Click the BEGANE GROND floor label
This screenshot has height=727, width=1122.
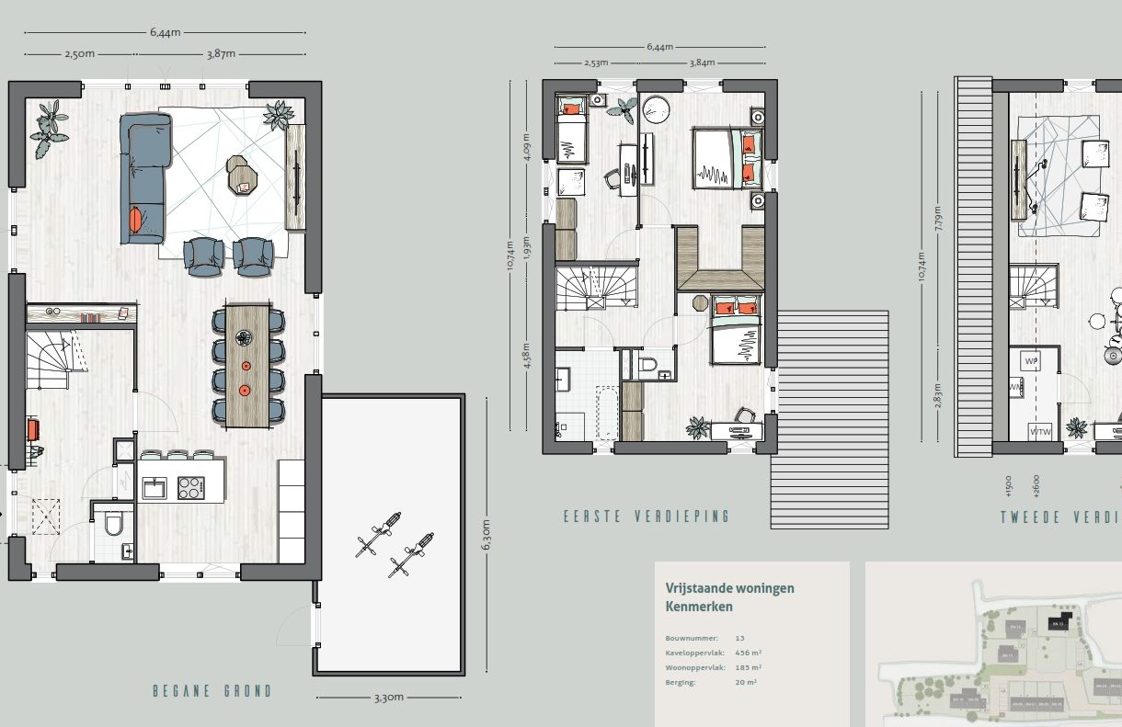pyautogui.click(x=212, y=691)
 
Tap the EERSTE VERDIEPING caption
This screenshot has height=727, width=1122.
pyautogui.click(x=647, y=517)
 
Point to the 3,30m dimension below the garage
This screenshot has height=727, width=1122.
pyautogui.click(x=388, y=698)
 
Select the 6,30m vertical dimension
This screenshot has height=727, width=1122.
pyautogui.click(x=487, y=534)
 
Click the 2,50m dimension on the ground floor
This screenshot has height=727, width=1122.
pyautogui.click(x=79, y=54)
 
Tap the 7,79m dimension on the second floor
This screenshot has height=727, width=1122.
pyautogui.click(x=936, y=216)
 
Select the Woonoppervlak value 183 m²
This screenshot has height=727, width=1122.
pyautogui.click(x=748, y=667)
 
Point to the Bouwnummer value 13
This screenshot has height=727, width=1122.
pyautogui.click(x=740, y=637)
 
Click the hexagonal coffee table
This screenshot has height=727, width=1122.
pyautogui.click(x=243, y=175)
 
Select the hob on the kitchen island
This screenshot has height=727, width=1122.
pyautogui.click(x=191, y=487)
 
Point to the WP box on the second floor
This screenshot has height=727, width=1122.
pyautogui.click(x=1031, y=361)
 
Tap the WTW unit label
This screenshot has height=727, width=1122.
pyautogui.click(x=1040, y=431)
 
